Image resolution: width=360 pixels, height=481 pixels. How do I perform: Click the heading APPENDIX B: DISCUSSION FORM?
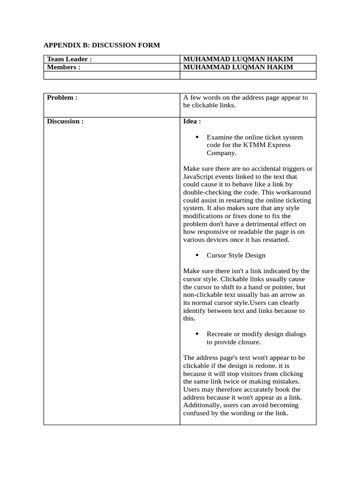click(x=102, y=46)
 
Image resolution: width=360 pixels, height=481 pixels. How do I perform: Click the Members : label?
click(x=64, y=67)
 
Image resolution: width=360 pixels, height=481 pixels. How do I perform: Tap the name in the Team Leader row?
click(x=238, y=59)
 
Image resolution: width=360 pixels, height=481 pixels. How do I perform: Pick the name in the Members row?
click(x=238, y=67)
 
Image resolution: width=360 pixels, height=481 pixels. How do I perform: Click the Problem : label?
click(x=62, y=98)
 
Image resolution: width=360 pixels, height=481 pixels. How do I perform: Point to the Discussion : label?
click(x=65, y=121)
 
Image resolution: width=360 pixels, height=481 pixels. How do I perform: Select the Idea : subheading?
click(x=192, y=121)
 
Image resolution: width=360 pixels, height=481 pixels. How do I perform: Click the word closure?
click(x=249, y=342)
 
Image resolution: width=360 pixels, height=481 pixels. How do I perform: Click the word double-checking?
click(x=206, y=193)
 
